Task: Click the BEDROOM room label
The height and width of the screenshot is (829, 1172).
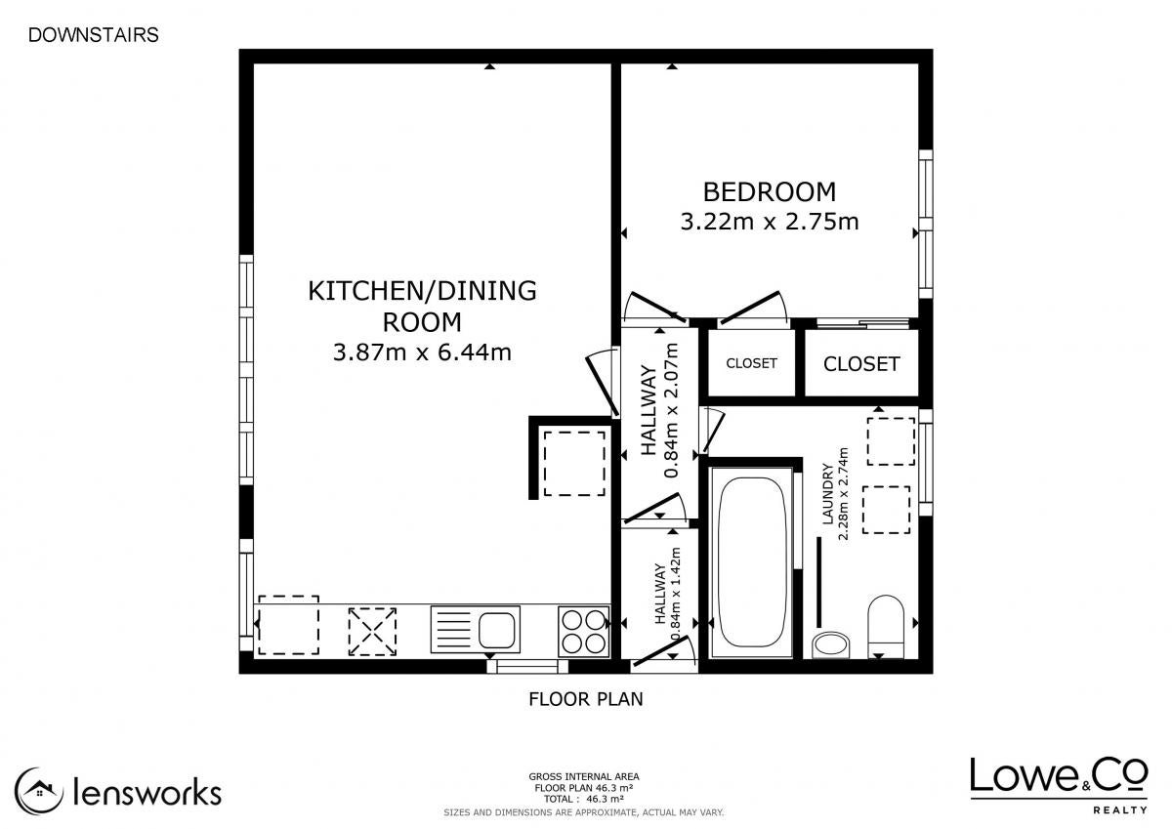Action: click(x=770, y=192)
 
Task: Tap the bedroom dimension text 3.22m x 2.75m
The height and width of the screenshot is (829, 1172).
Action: click(x=770, y=222)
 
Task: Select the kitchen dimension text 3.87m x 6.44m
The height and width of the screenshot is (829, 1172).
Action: click(x=422, y=352)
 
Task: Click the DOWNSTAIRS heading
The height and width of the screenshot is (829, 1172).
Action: click(x=93, y=35)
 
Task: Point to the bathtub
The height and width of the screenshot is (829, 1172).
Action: click(x=752, y=563)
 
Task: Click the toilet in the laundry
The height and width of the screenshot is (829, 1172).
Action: click(x=885, y=626)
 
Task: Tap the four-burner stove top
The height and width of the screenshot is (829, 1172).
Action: click(x=583, y=632)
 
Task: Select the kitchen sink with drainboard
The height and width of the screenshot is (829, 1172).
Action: click(x=475, y=629)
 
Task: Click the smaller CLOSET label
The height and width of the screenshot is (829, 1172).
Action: click(x=751, y=363)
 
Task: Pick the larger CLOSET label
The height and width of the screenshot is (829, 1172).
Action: click(x=861, y=364)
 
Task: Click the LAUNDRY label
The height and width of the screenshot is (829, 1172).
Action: click(x=827, y=493)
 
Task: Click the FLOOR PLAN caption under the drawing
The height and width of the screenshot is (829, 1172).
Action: click(x=585, y=699)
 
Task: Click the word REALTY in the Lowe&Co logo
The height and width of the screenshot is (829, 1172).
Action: click(x=1120, y=810)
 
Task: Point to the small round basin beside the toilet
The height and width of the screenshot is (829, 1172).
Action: click(x=831, y=645)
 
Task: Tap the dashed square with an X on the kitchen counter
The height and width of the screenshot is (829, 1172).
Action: click(x=372, y=632)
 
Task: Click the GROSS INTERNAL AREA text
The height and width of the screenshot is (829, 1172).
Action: click(x=584, y=776)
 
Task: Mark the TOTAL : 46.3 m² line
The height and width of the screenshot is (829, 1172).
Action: click(x=584, y=799)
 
